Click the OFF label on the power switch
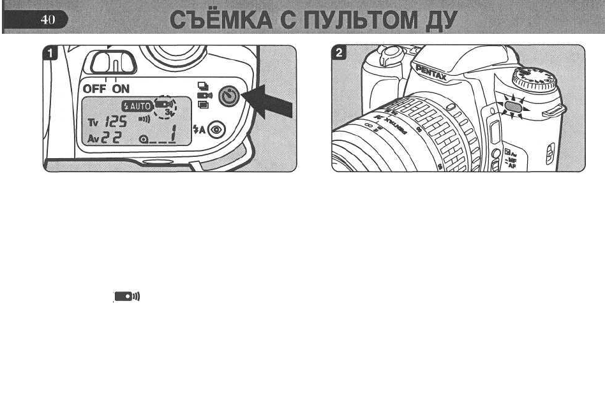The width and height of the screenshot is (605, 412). click(x=96, y=89)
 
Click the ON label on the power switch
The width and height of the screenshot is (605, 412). click(x=121, y=89)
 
